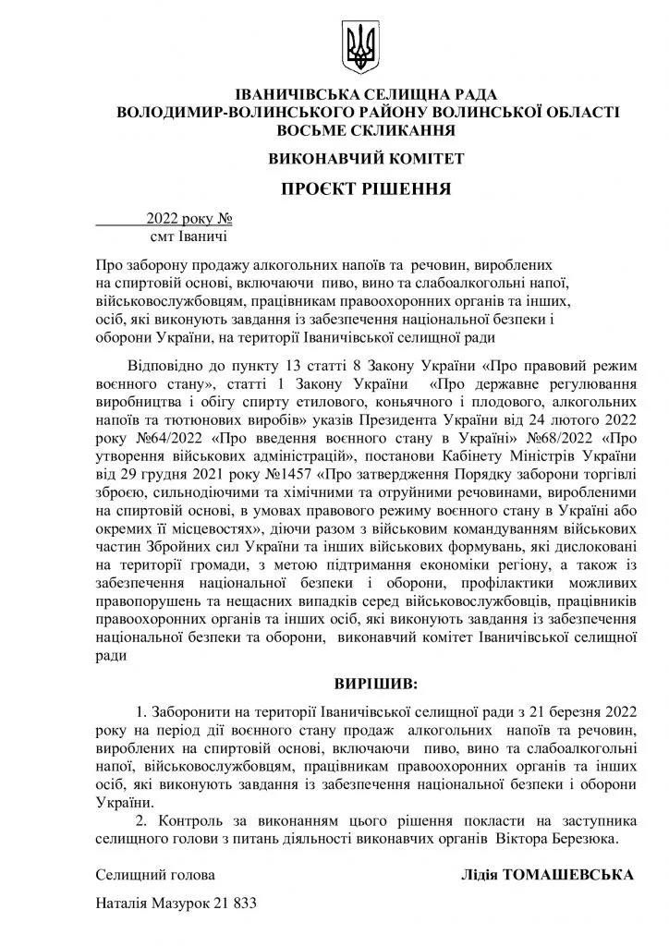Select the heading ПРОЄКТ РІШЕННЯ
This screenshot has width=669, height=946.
click(366, 190)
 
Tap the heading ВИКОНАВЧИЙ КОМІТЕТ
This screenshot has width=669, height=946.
click(366, 158)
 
